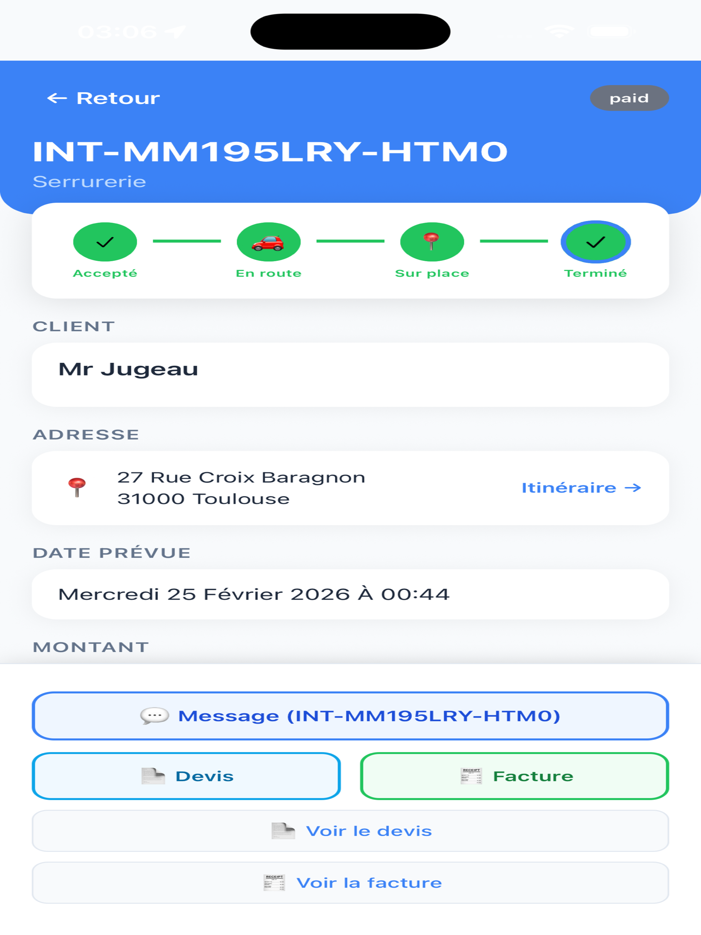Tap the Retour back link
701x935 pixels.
[104, 98]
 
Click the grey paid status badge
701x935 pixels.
[629, 98]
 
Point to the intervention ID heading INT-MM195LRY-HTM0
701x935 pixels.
[270, 151]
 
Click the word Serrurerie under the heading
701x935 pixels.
[90, 182]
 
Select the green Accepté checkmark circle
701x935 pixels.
[105, 242]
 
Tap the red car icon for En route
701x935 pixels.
[268, 243]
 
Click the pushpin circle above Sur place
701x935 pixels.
[432, 242]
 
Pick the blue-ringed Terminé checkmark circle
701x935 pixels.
[596, 242]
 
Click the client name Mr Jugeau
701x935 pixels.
[128, 369]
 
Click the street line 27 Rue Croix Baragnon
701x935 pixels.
[241, 477]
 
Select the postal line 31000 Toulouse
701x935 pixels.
[203, 499]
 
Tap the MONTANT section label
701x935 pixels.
[91, 647]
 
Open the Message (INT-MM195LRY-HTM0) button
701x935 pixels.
[350, 716]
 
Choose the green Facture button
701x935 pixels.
[514, 776]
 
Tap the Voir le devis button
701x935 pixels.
[350, 831]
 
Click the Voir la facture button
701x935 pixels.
[350, 883]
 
